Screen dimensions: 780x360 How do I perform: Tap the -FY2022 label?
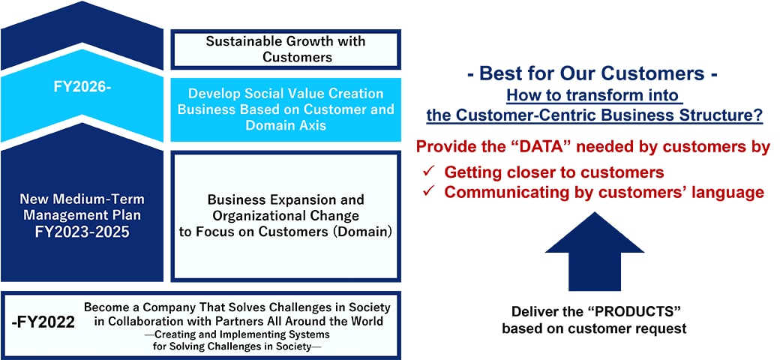tap(43, 322)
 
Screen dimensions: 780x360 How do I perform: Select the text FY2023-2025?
tap(82, 232)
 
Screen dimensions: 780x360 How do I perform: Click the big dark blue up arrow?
tap(595, 251)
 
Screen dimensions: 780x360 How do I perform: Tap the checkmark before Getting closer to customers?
tap(428, 172)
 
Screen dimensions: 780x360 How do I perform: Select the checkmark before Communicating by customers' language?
tap(428, 192)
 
